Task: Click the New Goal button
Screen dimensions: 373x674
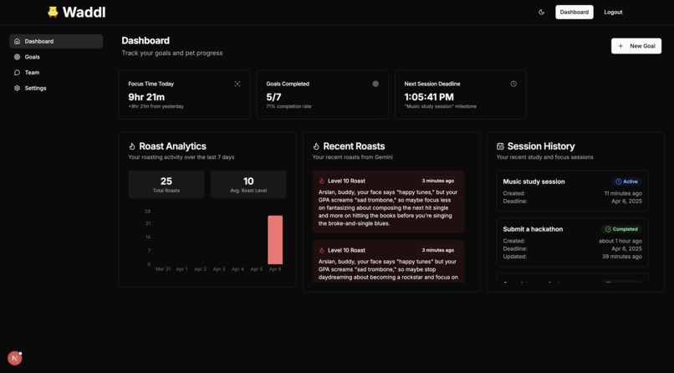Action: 636,46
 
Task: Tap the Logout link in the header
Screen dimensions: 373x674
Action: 613,13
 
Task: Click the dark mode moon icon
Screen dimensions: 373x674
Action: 541,13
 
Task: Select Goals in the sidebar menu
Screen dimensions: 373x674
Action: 32,57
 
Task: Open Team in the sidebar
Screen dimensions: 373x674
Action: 32,73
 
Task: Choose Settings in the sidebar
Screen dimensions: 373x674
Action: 35,88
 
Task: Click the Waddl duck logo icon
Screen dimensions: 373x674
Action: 53,12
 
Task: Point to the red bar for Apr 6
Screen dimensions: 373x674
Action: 275,240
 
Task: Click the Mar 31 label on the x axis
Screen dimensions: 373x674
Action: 163,269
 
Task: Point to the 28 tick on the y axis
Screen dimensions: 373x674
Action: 147,212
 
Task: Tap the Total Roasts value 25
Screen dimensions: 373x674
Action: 166,181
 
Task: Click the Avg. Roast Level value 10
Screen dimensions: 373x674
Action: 248,181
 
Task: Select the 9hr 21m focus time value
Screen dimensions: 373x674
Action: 146,97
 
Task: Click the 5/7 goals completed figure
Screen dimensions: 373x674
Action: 273,97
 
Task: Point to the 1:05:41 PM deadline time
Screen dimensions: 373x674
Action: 429,97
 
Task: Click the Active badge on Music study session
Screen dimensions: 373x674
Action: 627,181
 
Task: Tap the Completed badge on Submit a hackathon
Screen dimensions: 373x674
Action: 621,229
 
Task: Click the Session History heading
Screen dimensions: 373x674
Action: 541,146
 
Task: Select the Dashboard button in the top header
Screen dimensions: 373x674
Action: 574,13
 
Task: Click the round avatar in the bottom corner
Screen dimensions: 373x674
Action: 14,358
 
